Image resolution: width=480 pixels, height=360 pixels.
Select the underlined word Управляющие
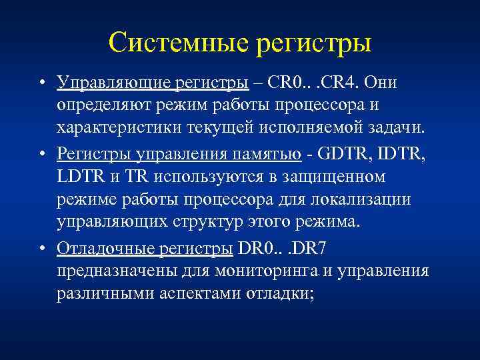tap(113, 82)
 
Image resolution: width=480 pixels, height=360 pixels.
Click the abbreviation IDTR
tap(399, 154)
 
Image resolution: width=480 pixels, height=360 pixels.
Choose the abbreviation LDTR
tap(80, 177)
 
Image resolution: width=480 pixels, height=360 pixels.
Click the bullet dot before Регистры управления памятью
tap(42, 154)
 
